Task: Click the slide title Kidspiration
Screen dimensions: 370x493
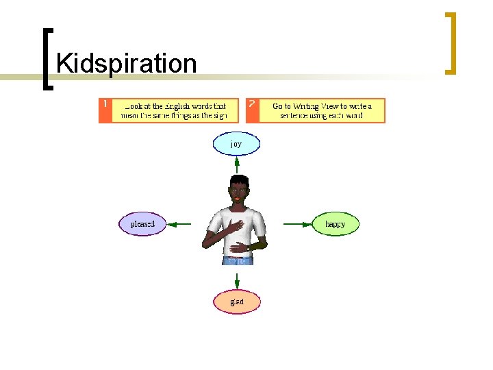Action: coord(127,64)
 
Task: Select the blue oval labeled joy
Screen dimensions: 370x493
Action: coord(236,144)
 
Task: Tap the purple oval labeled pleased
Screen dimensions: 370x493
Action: coord(142,223)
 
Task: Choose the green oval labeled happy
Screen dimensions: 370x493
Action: coord(336,223)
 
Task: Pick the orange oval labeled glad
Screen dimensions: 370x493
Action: coord(237,301)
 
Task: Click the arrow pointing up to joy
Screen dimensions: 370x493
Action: coord(236,165)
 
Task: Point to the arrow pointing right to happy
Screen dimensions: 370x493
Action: coord(296,223)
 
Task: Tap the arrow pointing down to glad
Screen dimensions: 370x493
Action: coord(237,280)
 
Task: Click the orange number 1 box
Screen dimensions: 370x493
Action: coord(105,110)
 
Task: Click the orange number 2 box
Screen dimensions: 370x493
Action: coord(253,110)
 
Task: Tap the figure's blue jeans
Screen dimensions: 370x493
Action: coord(238,260)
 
